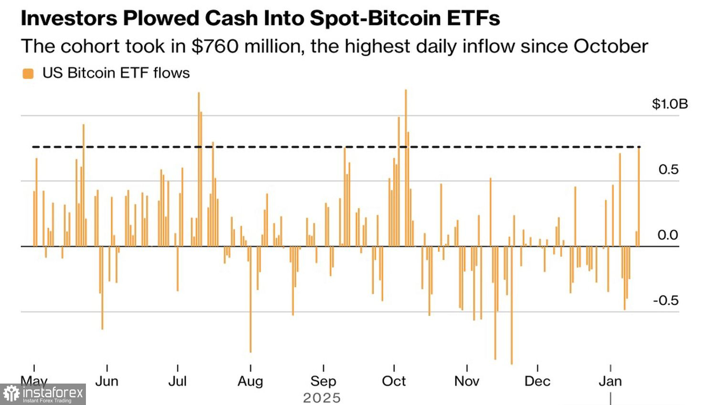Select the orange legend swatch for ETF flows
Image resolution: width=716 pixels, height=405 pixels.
click(28, 73)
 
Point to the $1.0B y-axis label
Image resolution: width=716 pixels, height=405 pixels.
click(670, 104)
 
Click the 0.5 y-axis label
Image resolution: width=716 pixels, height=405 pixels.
click(668, 170)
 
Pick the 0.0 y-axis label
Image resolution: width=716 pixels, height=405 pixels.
click(668, 235)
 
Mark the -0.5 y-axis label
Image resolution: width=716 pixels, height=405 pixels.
click(666, 300)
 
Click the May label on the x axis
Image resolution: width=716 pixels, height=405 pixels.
click(34, 381)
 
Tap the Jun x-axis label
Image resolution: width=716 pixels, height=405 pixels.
click(106, 381)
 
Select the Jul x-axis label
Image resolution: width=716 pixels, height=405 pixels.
click(177, 381)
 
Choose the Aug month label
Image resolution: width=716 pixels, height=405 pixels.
click(250, 381)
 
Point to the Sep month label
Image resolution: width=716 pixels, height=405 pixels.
click(323, 381)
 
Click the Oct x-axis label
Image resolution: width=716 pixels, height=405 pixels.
click(394, 381)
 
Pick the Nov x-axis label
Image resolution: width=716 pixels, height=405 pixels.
click(466, 381)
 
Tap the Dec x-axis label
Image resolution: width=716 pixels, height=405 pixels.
click(537, 381)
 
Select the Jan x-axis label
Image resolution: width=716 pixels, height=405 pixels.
click(610, 381)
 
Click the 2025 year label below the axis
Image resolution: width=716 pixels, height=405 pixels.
click(322, 398)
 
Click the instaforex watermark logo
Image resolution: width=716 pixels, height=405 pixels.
click(43, 394)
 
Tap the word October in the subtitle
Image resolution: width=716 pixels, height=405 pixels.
click(611, 46)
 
